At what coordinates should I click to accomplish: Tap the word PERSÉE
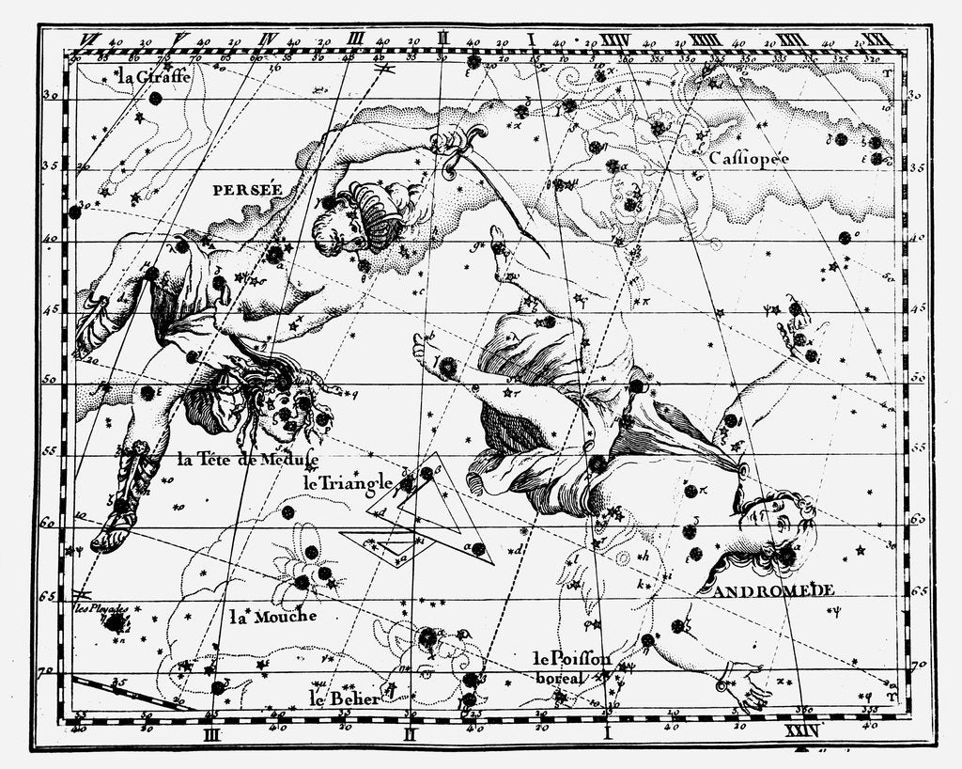(247, 189)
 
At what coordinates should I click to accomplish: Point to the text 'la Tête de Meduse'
(246, 460)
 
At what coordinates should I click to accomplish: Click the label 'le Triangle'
(347, 483)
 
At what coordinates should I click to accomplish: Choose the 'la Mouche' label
(273, 617)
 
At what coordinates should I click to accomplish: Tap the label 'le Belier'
(345, 698)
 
